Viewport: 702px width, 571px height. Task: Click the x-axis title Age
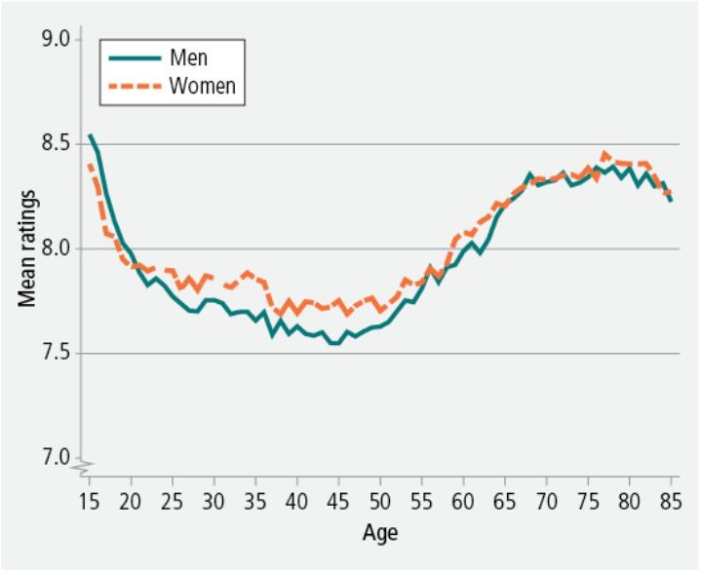(379, 534)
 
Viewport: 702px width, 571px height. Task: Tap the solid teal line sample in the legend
(129, 58)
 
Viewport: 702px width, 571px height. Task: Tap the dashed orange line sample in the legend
(129, 86)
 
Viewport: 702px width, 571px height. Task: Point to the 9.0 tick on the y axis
(58, 39)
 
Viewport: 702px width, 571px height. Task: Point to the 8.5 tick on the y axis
(58, 144)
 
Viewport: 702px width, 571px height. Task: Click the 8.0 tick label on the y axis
(58, 248)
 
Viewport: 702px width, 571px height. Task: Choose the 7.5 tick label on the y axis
(58, 353)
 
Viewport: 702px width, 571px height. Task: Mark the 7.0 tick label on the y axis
(58, 457)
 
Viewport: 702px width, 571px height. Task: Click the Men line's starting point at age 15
(90, 135)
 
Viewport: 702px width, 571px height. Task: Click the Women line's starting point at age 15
(90, 166)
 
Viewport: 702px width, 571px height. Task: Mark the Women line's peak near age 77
(604, 153)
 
